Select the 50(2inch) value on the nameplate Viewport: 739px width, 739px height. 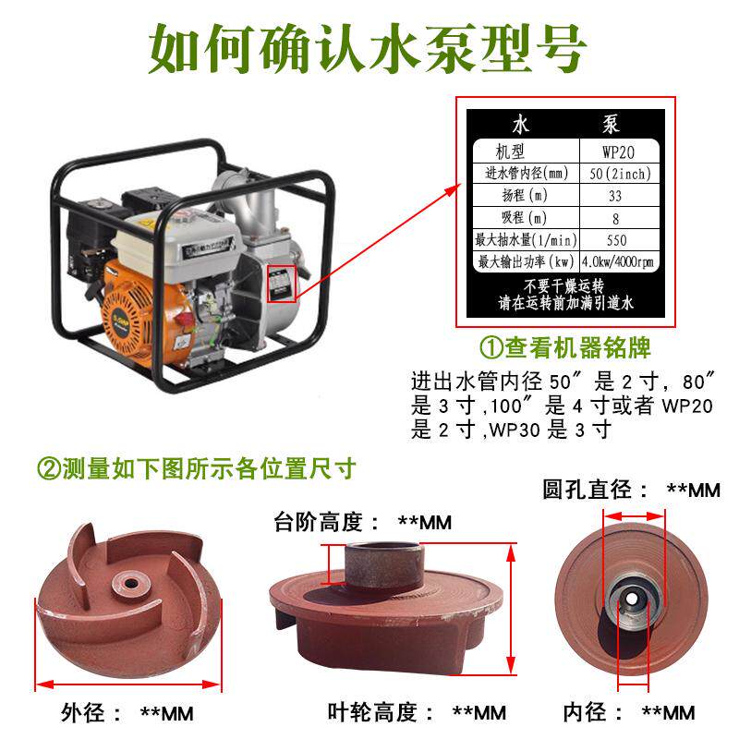(x=616, y=174)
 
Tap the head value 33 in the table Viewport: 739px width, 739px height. (x=616, y=196)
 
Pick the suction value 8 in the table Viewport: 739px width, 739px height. (x=616, y=219)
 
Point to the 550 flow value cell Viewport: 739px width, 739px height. (x=616, y=240)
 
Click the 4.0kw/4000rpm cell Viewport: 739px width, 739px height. (x=616, y=262)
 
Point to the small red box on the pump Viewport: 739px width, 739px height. (x=281, y=284)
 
